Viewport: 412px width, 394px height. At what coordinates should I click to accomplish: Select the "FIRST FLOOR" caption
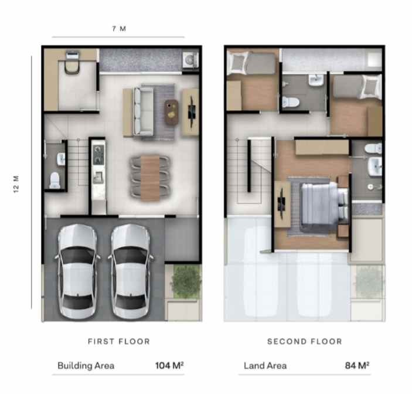[119, 341]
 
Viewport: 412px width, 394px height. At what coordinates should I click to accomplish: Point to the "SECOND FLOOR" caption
[304, 341]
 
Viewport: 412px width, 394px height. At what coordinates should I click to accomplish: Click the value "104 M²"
[169, 366]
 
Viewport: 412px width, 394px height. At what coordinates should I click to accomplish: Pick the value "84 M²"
[357, 366]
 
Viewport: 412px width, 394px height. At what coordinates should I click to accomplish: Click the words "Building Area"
[86, 366]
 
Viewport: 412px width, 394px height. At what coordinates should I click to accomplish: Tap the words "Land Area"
[265, 366]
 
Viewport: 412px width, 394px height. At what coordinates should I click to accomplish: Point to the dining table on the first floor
[150, 175]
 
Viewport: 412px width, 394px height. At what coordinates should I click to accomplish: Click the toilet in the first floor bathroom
[55, 180]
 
